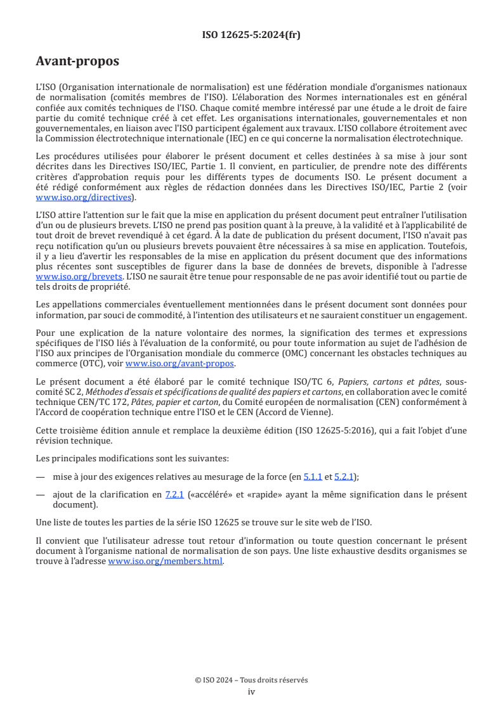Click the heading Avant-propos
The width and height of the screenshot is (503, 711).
pos(77,61)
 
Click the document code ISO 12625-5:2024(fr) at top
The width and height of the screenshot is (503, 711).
pos(251,35)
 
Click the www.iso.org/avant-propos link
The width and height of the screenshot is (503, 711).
pos(180,364)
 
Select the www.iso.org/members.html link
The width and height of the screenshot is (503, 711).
pos(165,561)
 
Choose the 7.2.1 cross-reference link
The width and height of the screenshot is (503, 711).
pos(174,495)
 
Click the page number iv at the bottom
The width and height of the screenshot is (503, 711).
pos(251,691)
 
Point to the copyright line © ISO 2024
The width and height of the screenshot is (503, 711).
pos(251,680)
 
